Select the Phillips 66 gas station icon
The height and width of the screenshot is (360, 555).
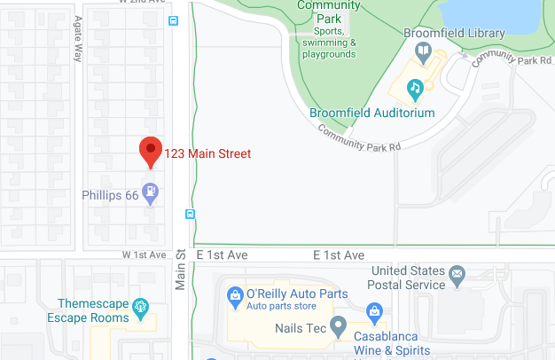[x=152, y=191]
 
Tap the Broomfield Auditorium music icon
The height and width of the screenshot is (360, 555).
[x=414, y=88]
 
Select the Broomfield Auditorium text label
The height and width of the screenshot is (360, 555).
[x=372, y=113]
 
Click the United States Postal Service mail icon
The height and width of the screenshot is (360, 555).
[x=457, y=272]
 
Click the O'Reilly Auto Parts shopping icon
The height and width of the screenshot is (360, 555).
[x=235, y=294]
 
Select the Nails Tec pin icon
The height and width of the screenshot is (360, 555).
[x=338, y=325]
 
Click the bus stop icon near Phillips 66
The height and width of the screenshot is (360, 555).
[x=190, y=214]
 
